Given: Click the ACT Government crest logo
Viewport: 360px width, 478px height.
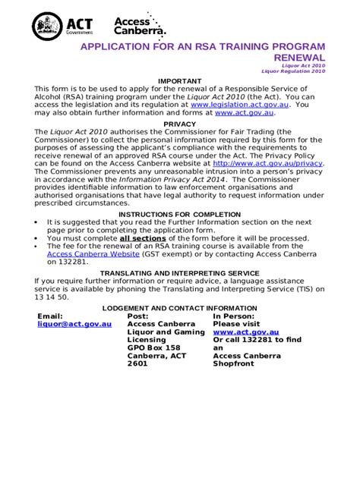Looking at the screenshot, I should point(47,27).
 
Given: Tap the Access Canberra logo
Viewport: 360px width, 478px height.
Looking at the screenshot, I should point(140,27).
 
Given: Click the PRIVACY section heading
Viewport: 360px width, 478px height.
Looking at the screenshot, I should point(180,124).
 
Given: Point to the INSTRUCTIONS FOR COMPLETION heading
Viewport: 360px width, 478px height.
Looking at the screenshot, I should point(180,214).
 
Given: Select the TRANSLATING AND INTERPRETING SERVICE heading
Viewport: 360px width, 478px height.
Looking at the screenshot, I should point(180,272).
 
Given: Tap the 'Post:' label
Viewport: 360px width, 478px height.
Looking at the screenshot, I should point(137,316).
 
